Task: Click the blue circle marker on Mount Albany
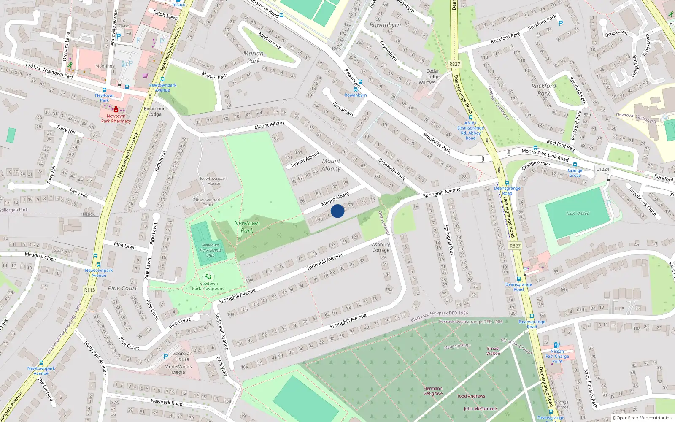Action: (x=337, y=211)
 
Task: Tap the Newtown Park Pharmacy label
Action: (x=116, y=119)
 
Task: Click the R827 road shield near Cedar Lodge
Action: (x=454, y=64)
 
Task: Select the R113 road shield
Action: (x=90, y=290)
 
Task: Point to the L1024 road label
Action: (x=603, y=169)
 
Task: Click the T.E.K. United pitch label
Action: (x=578, y=214)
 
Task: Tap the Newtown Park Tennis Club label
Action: (x=211, y=250)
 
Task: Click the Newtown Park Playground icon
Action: (x=208, y=276)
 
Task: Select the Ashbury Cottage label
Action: (x=381, y=247)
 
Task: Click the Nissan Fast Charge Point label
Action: (x=557, y=356)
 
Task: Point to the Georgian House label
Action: (x=182, y=356)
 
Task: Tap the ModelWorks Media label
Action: (x=178, y=369)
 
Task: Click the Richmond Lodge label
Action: (x=155, y=111)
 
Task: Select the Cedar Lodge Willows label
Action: (x=430, y=77)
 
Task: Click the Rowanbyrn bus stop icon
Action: (x=356, y=89)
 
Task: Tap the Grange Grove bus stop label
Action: (x=575, y=173)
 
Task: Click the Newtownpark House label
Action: (x=214, y=181)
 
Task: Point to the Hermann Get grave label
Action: (x=433, y=391)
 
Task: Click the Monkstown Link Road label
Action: (x=545, y=155)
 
